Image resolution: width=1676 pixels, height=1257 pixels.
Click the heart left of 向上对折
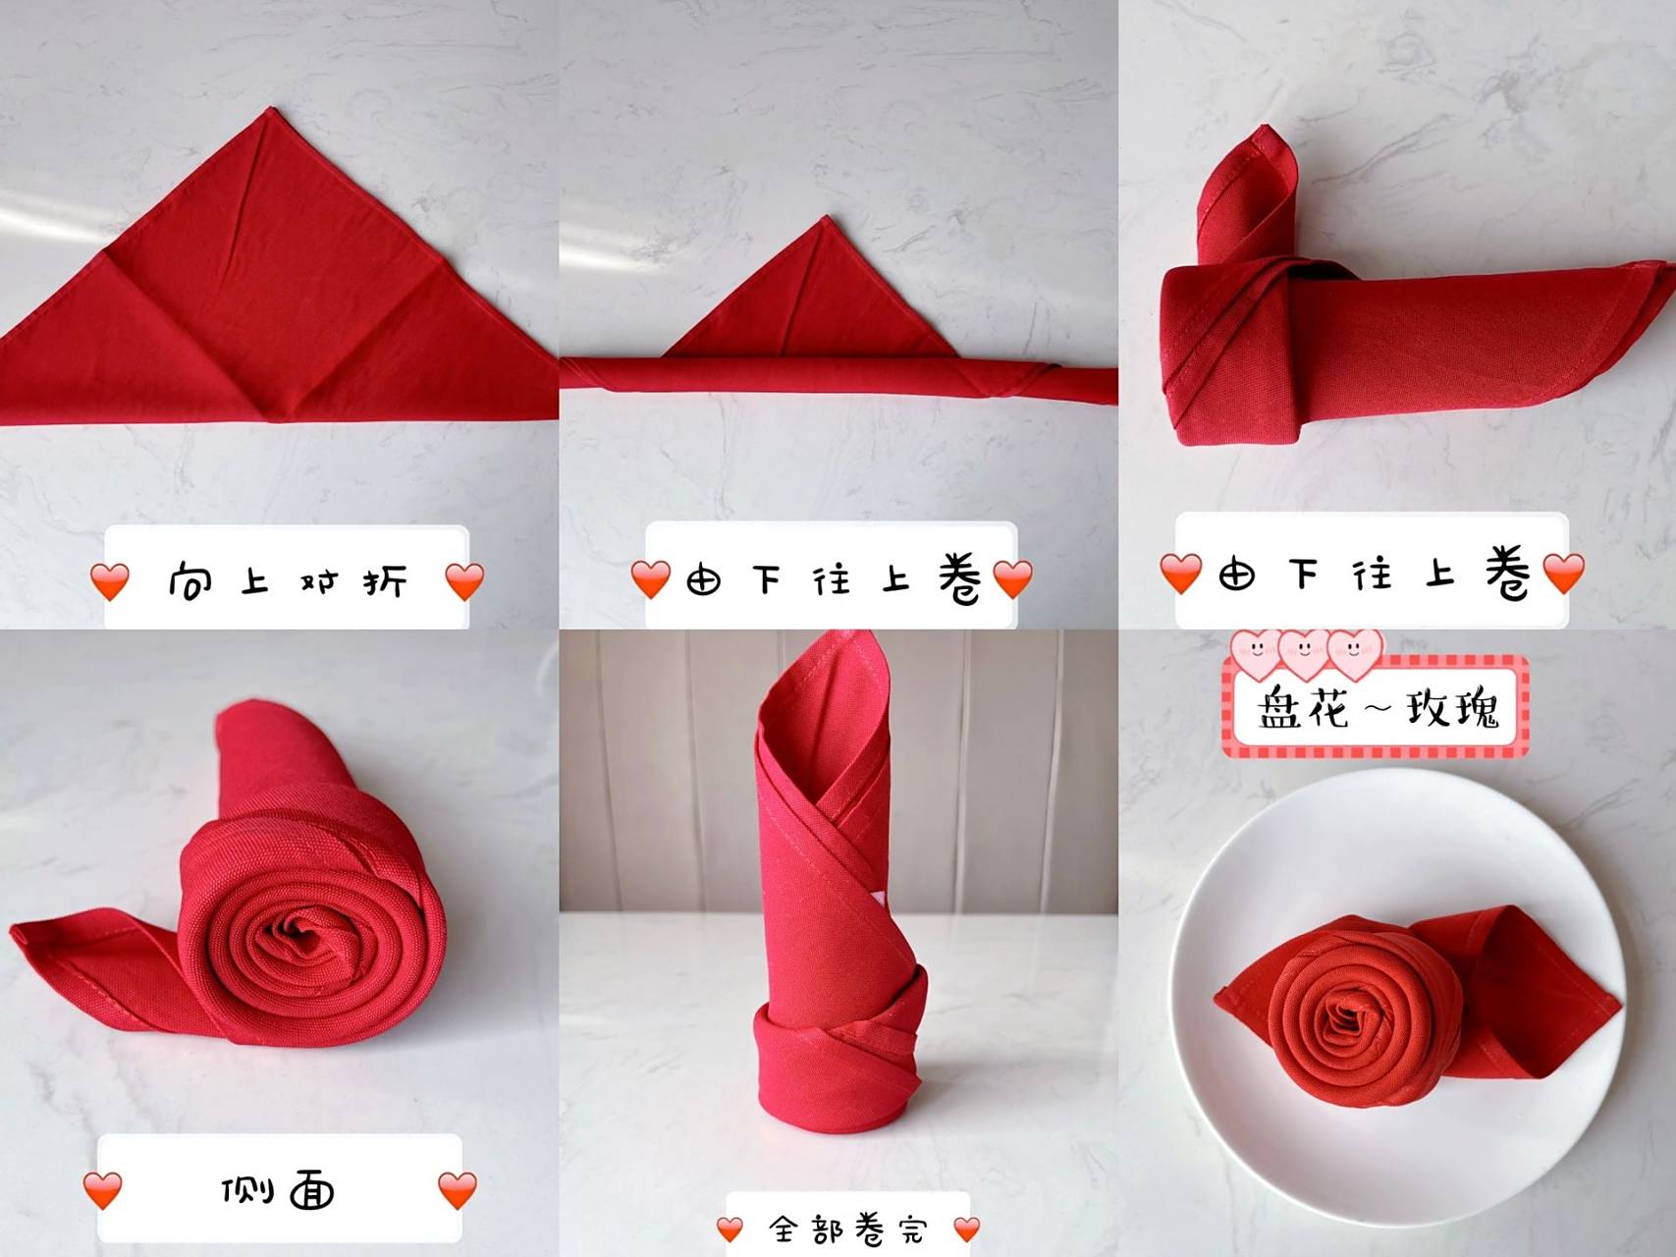point(109,581)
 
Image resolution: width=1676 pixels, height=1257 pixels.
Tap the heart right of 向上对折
point(464,581)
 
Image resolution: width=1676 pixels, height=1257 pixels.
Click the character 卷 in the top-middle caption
point(959,577)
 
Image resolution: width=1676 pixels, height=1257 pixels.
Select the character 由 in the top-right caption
point(1236,574)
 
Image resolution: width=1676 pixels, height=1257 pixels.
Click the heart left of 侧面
point(102,1190)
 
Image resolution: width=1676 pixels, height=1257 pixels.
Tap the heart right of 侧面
point(457,1190)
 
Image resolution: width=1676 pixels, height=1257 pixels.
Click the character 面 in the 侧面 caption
point(312,1191)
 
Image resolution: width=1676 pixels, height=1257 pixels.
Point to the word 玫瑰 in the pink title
point(1453,708)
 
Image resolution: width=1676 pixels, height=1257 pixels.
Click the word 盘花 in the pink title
point(1304,708)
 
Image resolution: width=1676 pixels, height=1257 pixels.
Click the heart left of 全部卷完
point(730,1229)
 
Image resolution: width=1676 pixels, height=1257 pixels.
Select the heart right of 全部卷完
point(967,1229)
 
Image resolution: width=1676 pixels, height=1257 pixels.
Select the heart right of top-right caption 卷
point(1564,574)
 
